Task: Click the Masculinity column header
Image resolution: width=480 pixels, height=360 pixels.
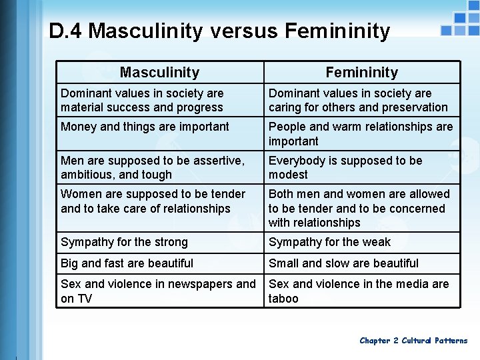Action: point(159,72)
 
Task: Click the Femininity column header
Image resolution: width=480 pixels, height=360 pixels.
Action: point(361,72)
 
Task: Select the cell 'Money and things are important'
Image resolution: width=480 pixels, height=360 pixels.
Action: point(145,127)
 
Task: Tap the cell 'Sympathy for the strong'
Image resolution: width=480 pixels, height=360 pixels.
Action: point(124,242)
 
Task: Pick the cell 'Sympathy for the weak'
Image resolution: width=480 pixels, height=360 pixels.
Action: point(329,242)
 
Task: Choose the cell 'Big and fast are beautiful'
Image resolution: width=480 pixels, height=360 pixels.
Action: point(127,263)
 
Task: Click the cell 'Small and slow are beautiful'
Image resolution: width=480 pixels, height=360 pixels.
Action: point(343,263)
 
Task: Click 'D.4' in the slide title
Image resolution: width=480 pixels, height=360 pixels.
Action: point(65,31)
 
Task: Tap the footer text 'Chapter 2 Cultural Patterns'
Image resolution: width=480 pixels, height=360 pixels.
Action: point(413,341)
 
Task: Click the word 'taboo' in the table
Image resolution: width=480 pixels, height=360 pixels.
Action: point(283,299)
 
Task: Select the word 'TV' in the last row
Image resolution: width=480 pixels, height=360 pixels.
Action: point(84,299)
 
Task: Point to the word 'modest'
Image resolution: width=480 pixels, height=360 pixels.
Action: point(288,175)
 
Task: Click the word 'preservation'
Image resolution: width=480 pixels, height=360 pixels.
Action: point(414,107)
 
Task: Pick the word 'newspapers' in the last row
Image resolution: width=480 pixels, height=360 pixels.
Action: point(193,284)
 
